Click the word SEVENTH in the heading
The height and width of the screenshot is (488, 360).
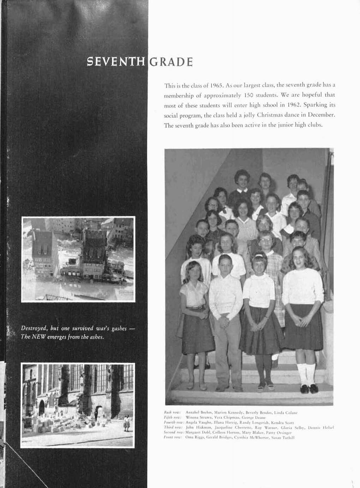116,62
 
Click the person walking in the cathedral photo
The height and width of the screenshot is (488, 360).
126,423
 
